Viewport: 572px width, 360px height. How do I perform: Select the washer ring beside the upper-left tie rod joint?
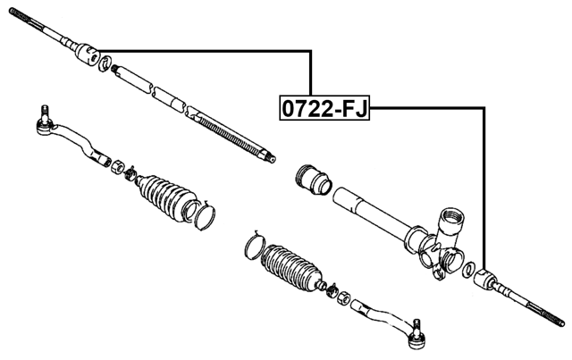[x=106, y=63]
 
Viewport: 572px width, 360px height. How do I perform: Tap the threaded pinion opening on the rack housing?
[x=451, y=219]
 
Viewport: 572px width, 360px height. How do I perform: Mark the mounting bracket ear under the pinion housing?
[x=437, y=260]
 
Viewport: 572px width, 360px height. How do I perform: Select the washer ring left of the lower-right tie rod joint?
[x=467, y=270]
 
